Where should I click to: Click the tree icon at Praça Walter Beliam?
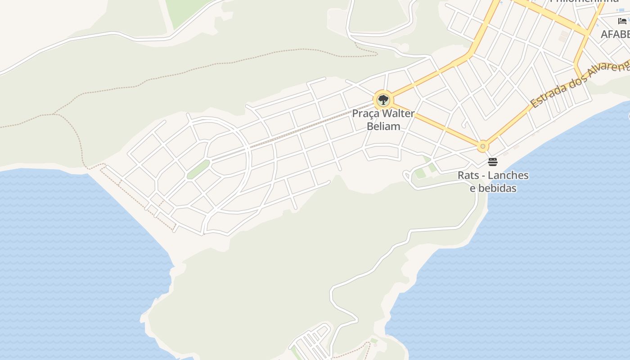[x=383, y=99]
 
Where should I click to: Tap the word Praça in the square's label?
[x=365, y=113]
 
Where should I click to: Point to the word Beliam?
[x=383, y=126]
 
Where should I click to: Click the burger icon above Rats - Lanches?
[x=493, y=162]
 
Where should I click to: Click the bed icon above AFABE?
[x=622, y=21]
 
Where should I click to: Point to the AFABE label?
[x=616, y=34]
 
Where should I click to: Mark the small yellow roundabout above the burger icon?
[x=483, y=146]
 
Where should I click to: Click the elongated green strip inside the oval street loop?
[x=198, y=169]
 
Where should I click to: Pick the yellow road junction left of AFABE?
[x=587, y=33]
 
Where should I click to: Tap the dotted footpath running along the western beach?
[x=135, y=198]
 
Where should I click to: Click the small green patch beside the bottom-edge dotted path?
[x=374, y=341]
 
